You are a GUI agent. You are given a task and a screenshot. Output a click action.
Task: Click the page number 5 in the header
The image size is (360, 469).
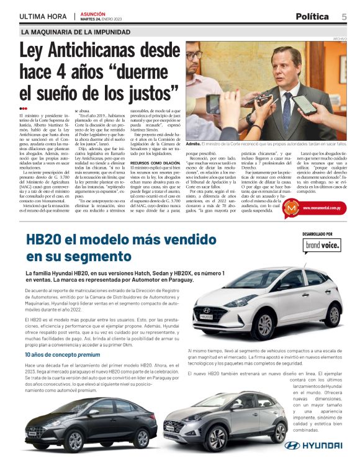tap(344, 16)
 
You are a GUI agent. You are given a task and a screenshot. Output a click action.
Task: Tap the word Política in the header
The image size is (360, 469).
tap(312, 16)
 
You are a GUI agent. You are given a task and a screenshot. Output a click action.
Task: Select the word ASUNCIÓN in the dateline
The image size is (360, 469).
tap(92, 12)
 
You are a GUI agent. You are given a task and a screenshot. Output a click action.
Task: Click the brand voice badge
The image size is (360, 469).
tap(322, 263)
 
